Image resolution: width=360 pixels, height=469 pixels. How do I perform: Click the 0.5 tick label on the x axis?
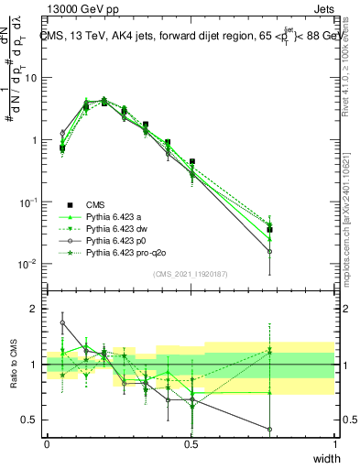point(191,443)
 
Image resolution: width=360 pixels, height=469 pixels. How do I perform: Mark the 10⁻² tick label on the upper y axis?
point(27,265)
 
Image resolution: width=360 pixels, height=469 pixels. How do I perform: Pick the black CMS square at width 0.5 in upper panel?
point(191,161)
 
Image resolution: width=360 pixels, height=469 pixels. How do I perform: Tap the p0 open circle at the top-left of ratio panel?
point(62,322)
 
